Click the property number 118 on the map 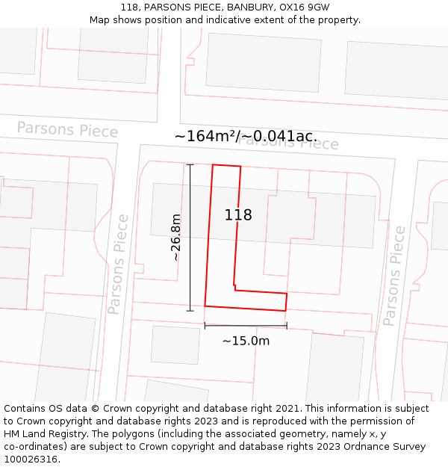[x=238, y=215]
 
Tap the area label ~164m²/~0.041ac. [x=246, y=136]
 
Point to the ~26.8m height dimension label [x=175, y=238]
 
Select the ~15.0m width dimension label [x=246, y=341]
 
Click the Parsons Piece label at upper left [x=67, y=129]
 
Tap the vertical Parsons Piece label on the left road [x=118, y=264]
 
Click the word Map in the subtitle [x=101, y=20]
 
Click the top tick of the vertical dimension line [x=190, y=164]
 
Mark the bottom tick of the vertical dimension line [x=190, y=310]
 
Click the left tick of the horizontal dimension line [x=205, y=326]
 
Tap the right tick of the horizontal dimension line [x=287, y=326]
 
